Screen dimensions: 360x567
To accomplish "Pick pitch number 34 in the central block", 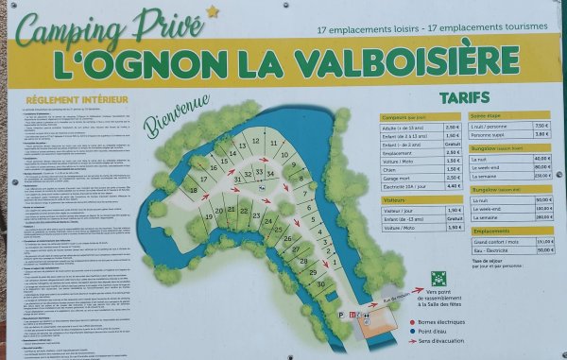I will coord(270,173).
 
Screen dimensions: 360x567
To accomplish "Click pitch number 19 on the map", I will coord(207,213).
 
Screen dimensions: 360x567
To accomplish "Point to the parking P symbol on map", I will coord(340,315).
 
